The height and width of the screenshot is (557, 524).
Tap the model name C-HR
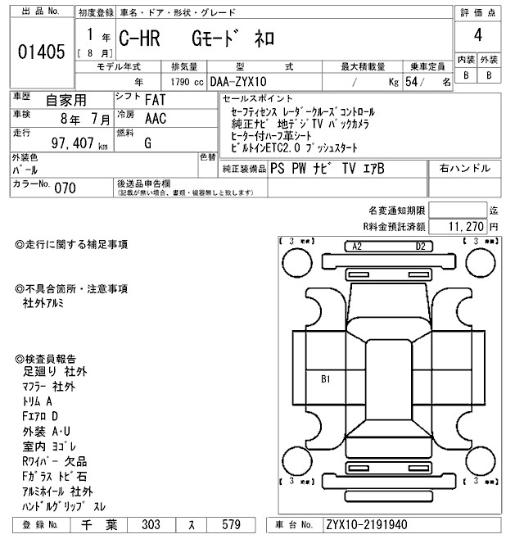point(139,38)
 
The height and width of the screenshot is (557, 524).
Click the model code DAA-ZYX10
point(239,82)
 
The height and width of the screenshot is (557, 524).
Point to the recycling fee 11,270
point(467,226)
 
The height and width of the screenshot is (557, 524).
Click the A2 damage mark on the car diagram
point(356,246)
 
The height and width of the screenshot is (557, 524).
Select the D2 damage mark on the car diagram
point(420,246)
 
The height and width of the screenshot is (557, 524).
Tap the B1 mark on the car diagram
point(325,378)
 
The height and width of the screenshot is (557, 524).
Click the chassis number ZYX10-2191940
point(366,524)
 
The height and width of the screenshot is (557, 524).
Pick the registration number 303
point(151,524)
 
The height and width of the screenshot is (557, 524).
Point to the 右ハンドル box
point(464,168)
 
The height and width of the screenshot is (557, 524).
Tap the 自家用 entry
point(65,100)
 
